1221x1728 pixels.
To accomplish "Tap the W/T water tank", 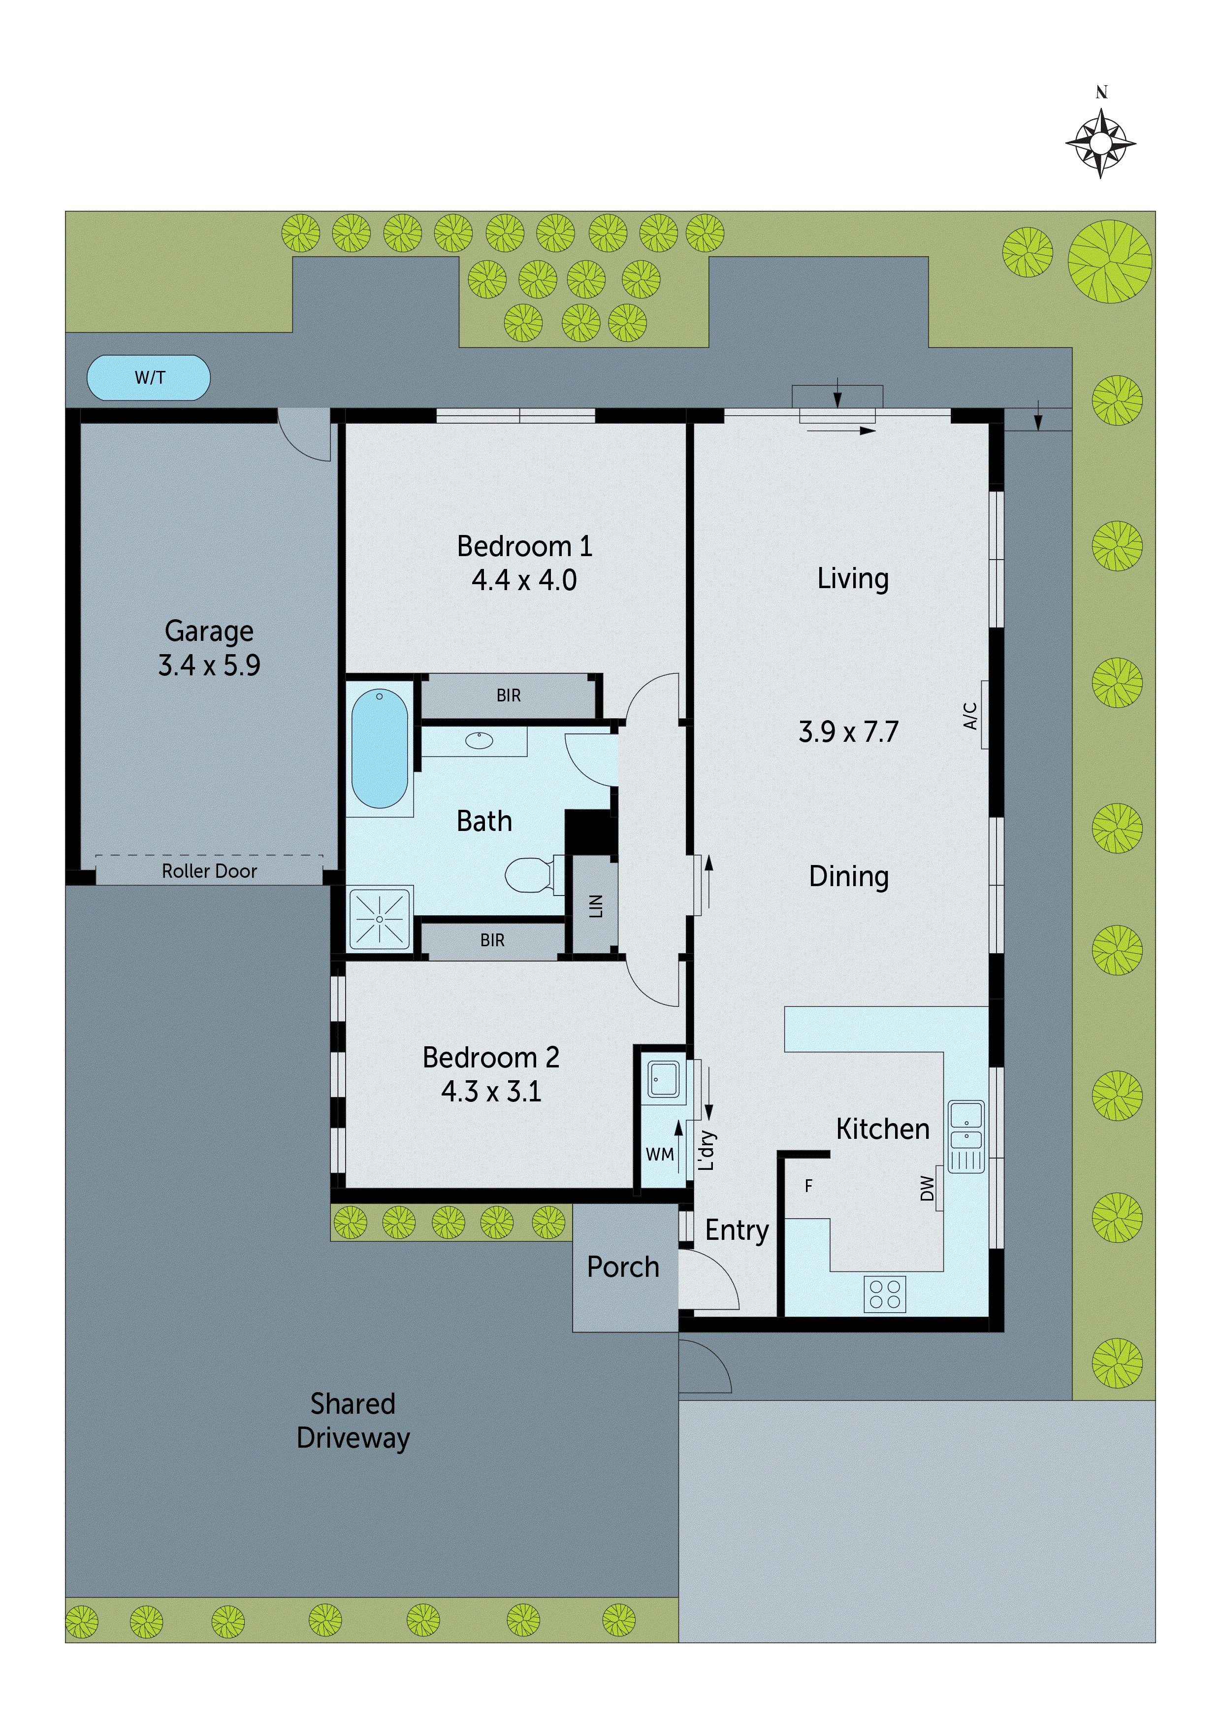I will point(149,378).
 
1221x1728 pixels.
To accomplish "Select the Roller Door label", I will point(209,871).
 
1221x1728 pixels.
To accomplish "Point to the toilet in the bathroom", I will point(530,875).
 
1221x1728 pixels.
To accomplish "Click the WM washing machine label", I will point(659,1154).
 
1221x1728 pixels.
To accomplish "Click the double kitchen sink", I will point(966,1136).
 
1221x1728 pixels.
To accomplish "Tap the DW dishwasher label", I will point(928,1189).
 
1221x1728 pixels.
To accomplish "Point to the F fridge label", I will point(809,1186).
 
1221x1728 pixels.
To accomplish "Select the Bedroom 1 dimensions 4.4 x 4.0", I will point(524,580).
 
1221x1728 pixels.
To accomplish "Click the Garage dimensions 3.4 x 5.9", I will point(209,665).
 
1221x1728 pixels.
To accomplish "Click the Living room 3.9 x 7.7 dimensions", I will point(849,731).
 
